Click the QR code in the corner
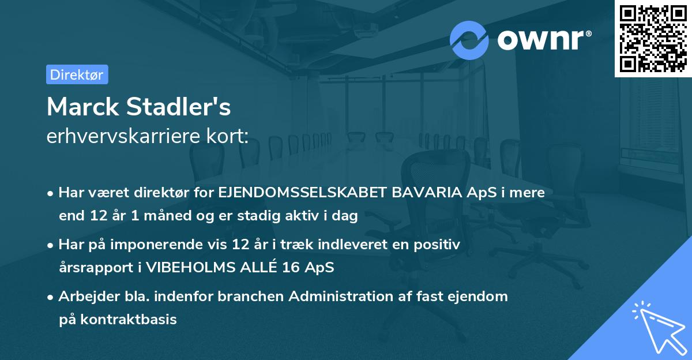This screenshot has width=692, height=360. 653,38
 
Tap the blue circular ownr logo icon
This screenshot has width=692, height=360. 469,40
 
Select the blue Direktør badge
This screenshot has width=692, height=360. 77,74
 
